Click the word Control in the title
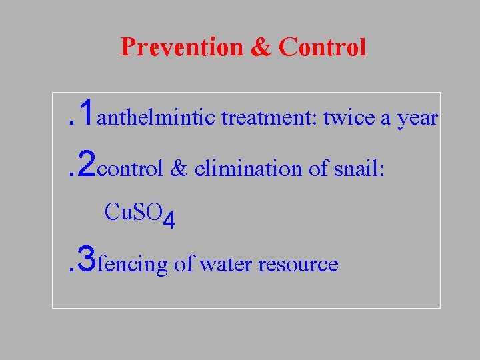click(323, 47)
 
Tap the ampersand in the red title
click(262, 47)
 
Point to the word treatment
click(270, 118)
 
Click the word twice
click(349, 118)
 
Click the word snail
click(356, 169)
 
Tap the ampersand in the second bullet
click(179, 169)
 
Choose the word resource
click(298, 265)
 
